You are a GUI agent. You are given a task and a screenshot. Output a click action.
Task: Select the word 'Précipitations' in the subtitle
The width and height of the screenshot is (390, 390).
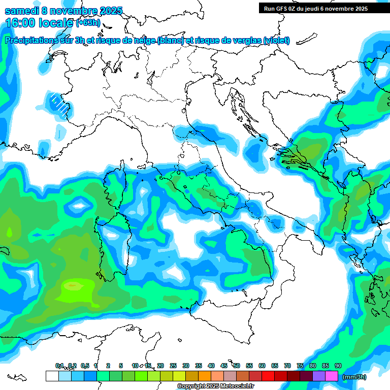coord(33,40)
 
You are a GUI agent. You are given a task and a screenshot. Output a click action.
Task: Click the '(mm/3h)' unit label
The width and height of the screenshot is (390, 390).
coord(354,377)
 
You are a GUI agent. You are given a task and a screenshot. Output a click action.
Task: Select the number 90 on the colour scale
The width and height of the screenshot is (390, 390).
coord(338,366)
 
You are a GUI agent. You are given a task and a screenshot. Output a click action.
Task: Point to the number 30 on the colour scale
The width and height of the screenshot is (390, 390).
coord(186,366)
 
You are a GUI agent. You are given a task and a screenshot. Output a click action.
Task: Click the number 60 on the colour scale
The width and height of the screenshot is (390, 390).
coord(262,366)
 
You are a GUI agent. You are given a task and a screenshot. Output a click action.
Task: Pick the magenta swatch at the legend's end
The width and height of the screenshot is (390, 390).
coord(332,376)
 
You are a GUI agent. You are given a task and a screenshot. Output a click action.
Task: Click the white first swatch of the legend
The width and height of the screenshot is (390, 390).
coord(52,376)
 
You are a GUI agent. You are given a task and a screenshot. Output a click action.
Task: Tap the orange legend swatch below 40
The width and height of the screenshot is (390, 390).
coord(205,376)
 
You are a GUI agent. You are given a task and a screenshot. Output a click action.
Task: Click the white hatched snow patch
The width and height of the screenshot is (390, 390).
coord(60,105)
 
